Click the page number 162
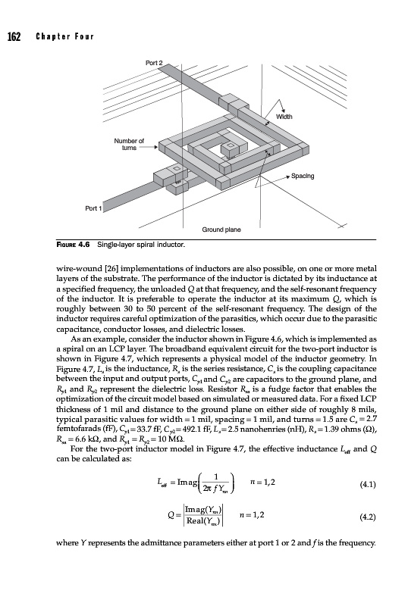14,36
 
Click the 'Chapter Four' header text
64,36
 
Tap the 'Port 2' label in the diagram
154,63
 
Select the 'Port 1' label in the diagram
93,208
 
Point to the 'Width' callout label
284,117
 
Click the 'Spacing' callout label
303,176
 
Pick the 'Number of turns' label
129,144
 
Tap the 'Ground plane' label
221,230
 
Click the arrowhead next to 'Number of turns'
156,147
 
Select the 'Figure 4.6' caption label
73,245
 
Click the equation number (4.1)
368,484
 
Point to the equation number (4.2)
368,517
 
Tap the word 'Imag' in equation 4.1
187,482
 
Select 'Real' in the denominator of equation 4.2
195,521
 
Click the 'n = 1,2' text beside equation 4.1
262,482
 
